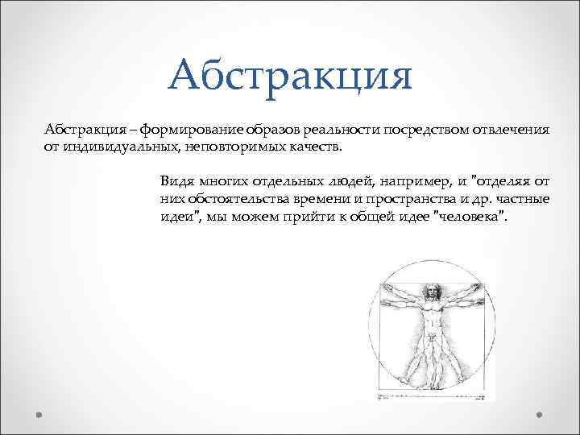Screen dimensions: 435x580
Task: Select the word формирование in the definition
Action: pos(184,131)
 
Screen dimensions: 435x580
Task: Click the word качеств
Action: pos(312,147)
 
